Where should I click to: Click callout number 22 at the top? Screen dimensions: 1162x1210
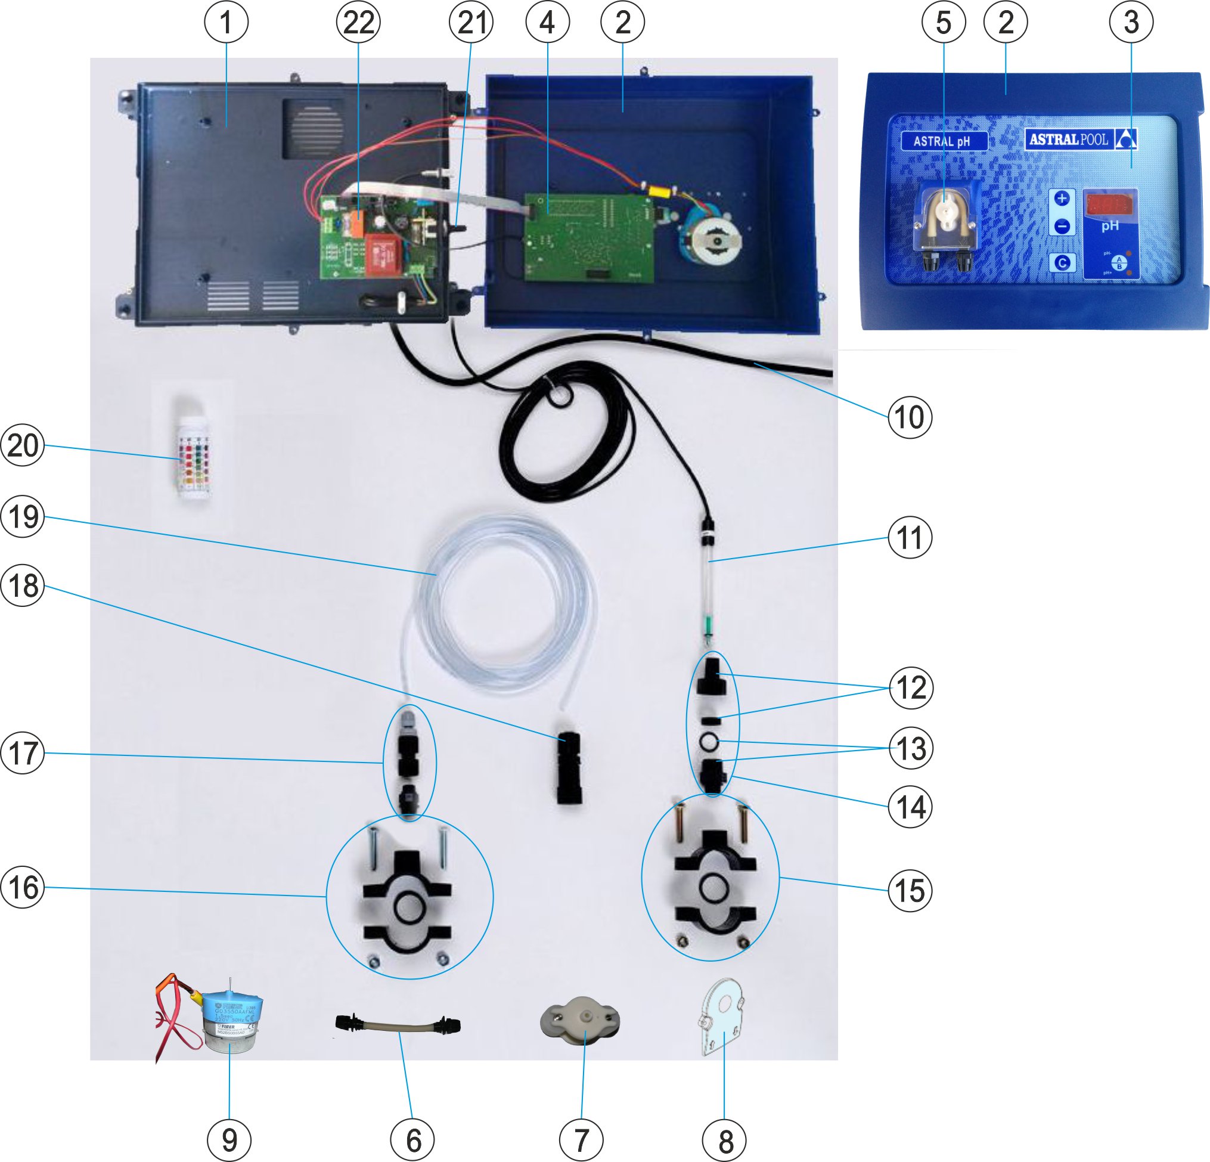pyautogui.click(x=359, y=22)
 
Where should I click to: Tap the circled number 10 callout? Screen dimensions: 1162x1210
pyautogui.click(x=910, y=417)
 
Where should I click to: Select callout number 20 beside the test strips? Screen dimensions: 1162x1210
pyautogui.click(x=23, y=445)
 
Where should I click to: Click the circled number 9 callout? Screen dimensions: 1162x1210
pyautogui.click(x=229, y=1139)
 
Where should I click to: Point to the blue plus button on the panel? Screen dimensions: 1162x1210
pyautogui.click(x=1062, y=198)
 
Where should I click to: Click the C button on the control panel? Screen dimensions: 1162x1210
pyautogui.click(x=1062, y=263)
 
